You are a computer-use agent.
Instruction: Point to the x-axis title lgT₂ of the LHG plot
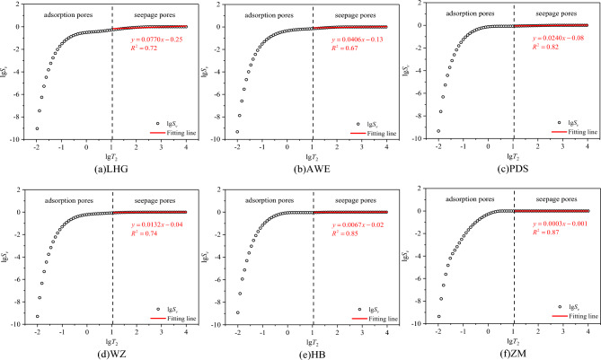111,158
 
